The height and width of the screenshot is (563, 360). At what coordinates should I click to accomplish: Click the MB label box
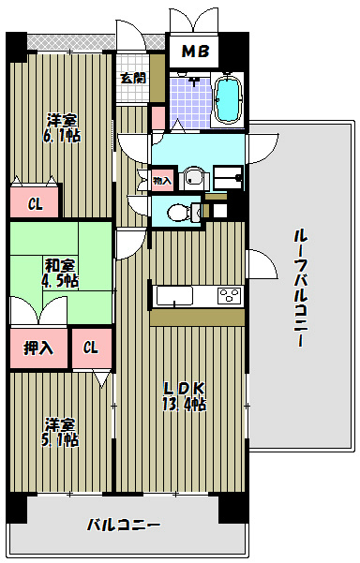(x=194, y=51)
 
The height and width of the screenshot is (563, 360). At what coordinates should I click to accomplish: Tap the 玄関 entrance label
(x=132, y=79)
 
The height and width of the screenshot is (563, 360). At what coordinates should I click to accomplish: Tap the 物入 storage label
(x=162, y=180)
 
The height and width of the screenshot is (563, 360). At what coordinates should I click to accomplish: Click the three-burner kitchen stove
(x=228, y=296)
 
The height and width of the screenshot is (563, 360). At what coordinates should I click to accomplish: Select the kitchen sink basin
(x=174, y=297)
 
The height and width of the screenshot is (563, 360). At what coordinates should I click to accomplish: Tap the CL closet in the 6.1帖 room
(x=34, y=203)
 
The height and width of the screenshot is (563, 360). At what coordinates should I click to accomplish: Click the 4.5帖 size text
(x=59, y=280)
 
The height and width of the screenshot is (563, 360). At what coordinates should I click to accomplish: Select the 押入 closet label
(x=37, y=348)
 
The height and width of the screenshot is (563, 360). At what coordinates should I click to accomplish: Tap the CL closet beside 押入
(x=90, y=348)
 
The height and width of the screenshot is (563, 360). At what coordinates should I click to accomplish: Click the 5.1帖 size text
(x=60, y=438)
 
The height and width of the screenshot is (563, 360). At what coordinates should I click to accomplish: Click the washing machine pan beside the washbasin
(x=228, y=175)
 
